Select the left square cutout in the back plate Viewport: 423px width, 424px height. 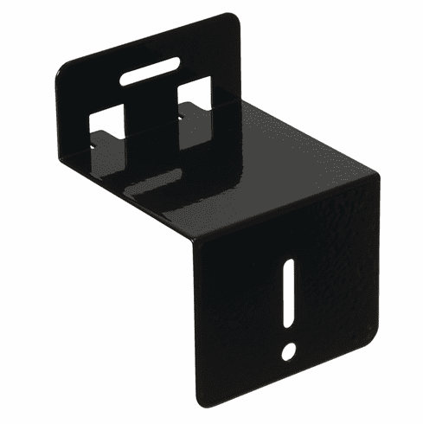[106, 121]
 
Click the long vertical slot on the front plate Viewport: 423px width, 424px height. [290, 295]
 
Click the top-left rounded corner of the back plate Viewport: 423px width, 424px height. [62, 76]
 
